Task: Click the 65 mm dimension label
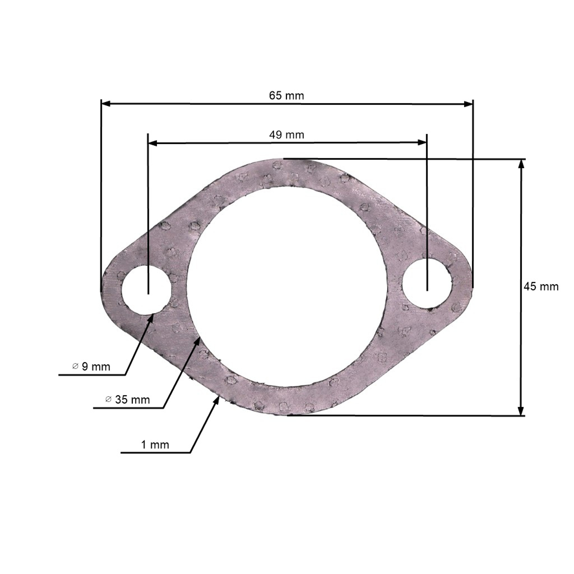click(x=286, y=96)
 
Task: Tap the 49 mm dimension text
click(x=287, y=135)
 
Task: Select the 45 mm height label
click(x=541, y=286)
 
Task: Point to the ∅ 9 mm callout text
click(x=91, y=367)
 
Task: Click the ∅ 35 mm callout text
click(x=128, y=400)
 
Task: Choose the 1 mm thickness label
click(x=155, y=445)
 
